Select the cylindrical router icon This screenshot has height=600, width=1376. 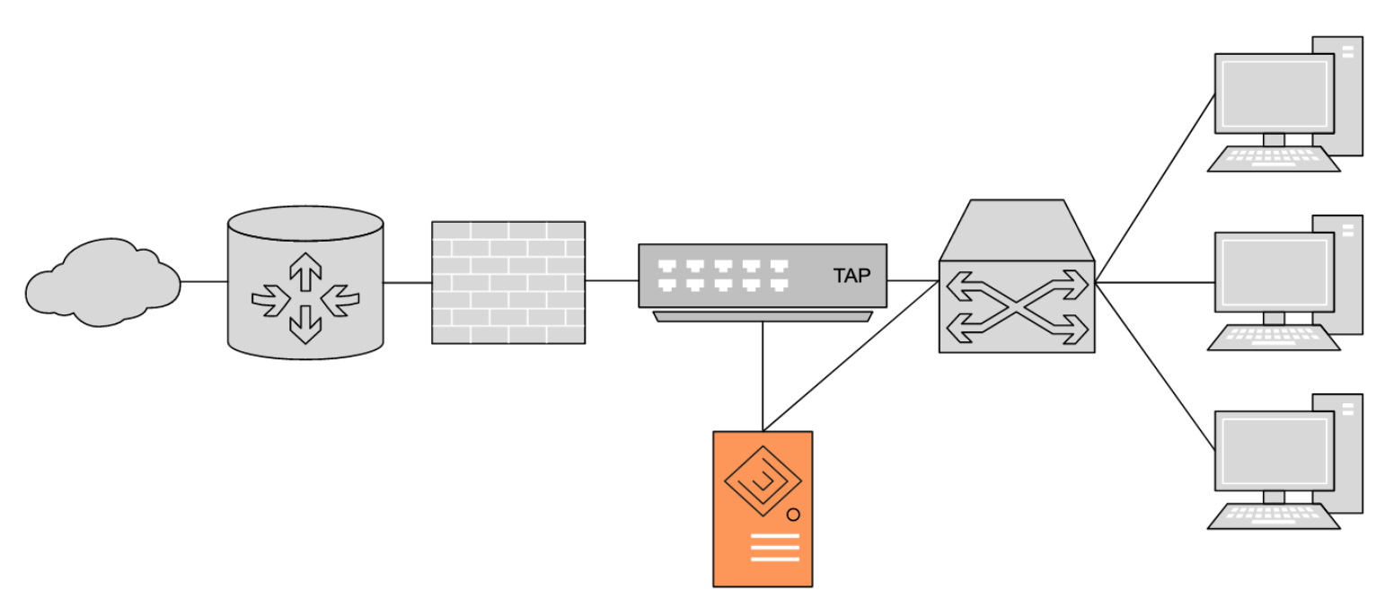(305, 283)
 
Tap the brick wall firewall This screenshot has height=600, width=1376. (508, 282)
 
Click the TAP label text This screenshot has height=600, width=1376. (851, 276)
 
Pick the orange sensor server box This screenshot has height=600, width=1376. (763, 508)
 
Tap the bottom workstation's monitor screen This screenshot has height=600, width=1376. (1274, 451)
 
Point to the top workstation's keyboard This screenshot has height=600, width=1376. (1273, 159)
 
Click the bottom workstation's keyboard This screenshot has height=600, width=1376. (1273, 517)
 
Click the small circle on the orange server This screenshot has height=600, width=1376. (793, 515)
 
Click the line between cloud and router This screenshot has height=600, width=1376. (204, 281)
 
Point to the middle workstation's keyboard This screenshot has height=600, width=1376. (1273, 338)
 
